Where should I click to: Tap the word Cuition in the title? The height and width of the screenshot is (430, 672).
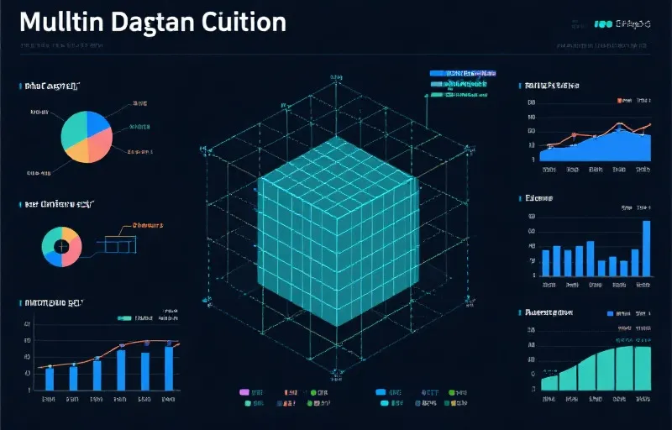pyautogui.click(x=244, y=23)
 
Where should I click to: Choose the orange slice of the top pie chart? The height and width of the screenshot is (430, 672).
pyautogui.click(x=77, y=150)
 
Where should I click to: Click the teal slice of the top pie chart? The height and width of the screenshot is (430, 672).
pyautogui.click(x=74, y=127)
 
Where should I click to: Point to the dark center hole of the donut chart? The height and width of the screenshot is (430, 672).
pyautogui.click(x=61, y=246)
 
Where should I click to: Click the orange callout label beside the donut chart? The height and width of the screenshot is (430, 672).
pyautogui.click(x=147, y=225)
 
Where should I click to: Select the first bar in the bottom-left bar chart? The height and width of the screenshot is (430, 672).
pyautogui.click(x=50, y=378)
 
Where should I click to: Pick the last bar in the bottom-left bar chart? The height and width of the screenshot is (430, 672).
pyautogui.click(x=169, y=367)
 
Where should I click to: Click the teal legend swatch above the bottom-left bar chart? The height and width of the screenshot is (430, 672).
pyautogui.click(x=125, y=318)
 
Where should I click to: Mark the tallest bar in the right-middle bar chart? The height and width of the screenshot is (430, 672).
pyautogui.click(x=647, y=248)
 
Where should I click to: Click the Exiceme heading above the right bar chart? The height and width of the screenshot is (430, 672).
pyautogui.click(x=538, y=199)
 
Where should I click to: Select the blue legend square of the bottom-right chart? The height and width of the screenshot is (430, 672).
pyautogui.click(x=611, y=312)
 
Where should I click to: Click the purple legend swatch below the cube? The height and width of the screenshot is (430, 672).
pyautogui.click(x=244, y=392)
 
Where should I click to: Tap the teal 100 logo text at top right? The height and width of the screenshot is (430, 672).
pyautogui.click(x=601, y=24)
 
